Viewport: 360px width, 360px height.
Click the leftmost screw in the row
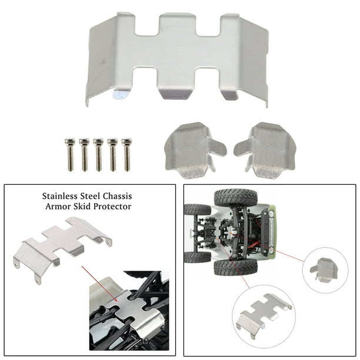70,155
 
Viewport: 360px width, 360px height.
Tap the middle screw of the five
98,155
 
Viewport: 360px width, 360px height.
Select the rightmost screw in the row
127,155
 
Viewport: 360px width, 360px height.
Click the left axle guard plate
194,150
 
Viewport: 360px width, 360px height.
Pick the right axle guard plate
266,150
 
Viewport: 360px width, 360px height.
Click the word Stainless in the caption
59,196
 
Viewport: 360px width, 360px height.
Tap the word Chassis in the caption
117,196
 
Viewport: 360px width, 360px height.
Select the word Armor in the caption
57,206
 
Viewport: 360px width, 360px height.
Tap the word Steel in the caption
90,196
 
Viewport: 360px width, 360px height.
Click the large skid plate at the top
177,59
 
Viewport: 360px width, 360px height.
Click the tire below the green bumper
235,268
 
